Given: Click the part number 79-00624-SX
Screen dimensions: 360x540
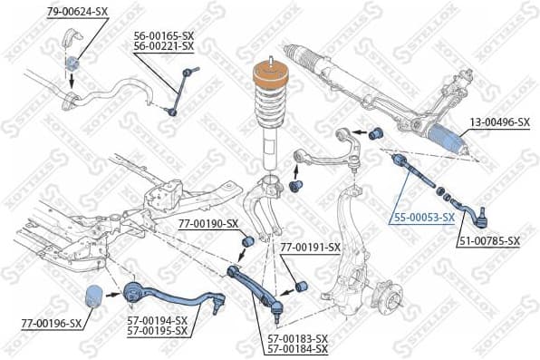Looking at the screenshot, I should click(x=77, y=11).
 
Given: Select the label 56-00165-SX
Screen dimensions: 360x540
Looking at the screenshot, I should click(x=164, y=34).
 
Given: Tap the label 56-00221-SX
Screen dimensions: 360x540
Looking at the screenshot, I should click(x=164, y=45).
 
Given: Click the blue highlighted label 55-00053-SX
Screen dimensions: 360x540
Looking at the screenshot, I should click(x=424, y=218).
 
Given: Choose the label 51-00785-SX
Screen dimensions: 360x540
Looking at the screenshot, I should click(x=489, y=241).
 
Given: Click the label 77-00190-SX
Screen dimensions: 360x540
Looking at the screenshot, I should click(x=207, y=223).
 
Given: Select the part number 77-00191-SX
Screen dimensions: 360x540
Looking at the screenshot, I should click(x=310, y=247).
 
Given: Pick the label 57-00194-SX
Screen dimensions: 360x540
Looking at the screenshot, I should click(x=156, y=320).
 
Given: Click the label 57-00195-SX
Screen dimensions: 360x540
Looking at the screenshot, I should click(x=156, y=331).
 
